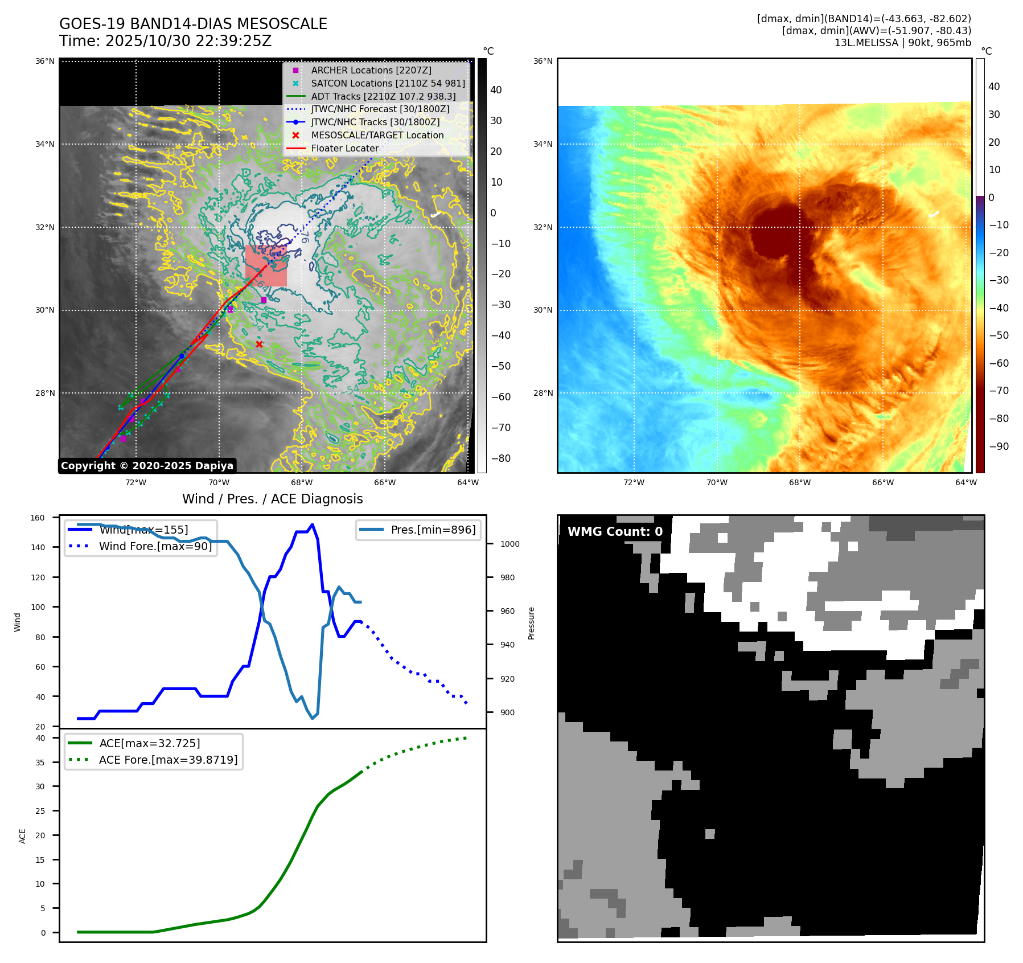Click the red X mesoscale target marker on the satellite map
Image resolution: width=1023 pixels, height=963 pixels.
(x=259, y=344)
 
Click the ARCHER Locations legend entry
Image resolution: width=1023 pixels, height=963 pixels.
(x=371, y=70)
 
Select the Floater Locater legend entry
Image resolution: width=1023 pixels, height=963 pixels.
(x=344, y=148)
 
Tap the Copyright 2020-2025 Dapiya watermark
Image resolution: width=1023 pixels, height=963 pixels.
(x=147, y=466)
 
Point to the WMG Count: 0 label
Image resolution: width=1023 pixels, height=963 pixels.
(x=615, y=531)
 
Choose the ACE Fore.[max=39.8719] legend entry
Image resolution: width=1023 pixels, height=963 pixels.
(x=168, y=760)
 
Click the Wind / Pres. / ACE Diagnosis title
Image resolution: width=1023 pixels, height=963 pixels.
(x=272, y=499)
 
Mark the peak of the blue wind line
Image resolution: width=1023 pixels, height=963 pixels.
(x=312, y=524)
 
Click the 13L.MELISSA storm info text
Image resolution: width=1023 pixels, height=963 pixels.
(x=902, y=43)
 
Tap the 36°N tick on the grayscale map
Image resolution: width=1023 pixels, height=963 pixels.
(x=45, y=61)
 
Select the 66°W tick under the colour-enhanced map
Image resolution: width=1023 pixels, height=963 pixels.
(x=882, y=482)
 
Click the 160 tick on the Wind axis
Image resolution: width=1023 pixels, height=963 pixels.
(x=38, y=518)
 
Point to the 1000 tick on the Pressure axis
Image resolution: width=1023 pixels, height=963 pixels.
(x=510, y=544)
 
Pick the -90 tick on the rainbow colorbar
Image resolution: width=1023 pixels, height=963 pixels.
(x=999, y=446)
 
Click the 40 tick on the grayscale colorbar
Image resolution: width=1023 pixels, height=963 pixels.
(x=496, y=90)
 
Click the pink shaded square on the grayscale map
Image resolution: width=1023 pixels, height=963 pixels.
(x=266, y=266)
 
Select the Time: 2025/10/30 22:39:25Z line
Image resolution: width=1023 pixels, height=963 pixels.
(x=165, y=41)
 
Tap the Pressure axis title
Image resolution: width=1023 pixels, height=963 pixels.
(x=531, y=623)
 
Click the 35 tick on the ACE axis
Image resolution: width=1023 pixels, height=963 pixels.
(x=40, y=762)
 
